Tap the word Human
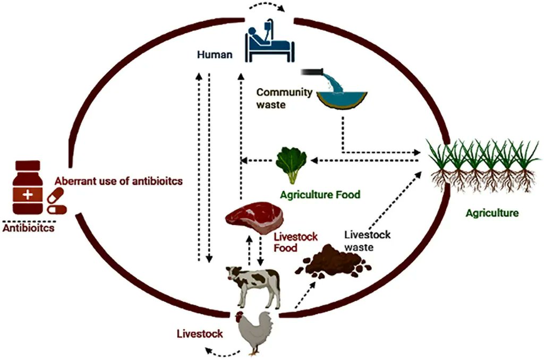214,54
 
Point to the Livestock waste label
367,240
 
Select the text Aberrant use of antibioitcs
118,181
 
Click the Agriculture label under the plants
491,213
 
